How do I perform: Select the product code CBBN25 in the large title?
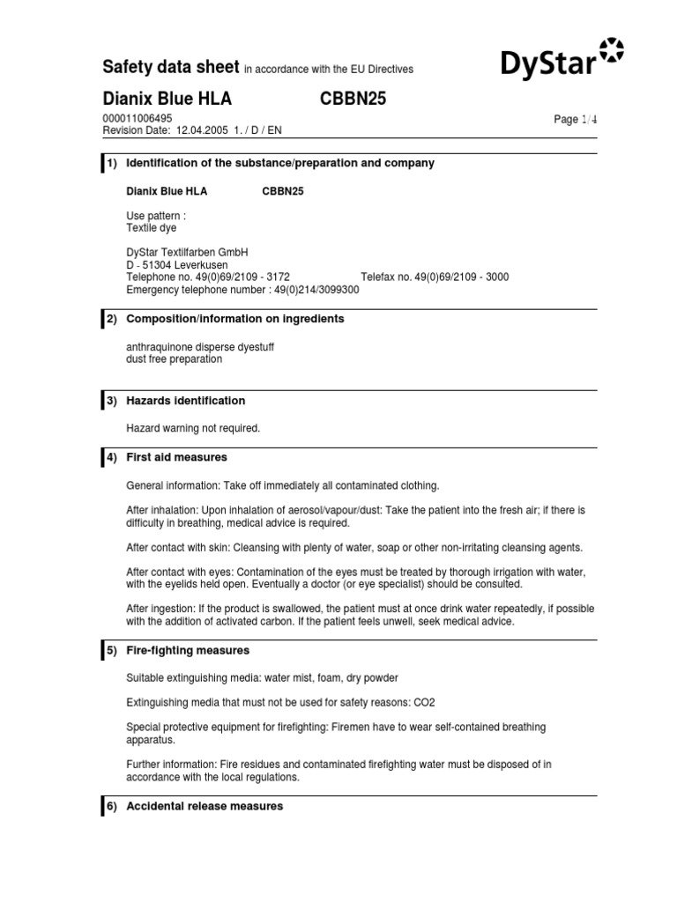click(353, 99)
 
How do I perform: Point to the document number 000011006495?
click(138, 118)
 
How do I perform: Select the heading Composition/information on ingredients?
click(235, 319)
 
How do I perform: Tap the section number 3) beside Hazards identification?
click(112, 401)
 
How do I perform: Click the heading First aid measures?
click(177, 457)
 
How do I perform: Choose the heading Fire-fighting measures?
click(188, 650)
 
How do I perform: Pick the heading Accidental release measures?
click(205, 806)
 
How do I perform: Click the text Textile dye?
click(152, 228)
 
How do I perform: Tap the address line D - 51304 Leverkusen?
click(177, 264)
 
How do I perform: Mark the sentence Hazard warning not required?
click(194, 428)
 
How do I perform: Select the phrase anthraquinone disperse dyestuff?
click(200, 347)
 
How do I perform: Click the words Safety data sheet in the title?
click(171, 67)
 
